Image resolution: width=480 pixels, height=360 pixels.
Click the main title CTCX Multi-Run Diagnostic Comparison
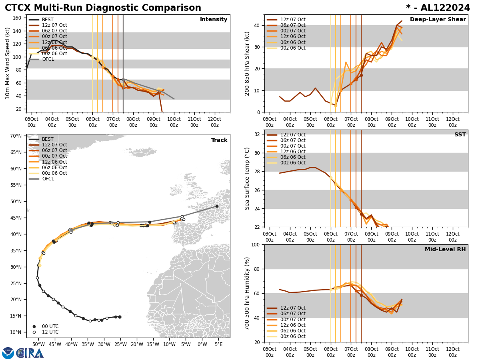[103, 8]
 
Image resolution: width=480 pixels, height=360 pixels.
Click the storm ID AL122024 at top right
[443, 8]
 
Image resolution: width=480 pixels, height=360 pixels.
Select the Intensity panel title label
[214, 20]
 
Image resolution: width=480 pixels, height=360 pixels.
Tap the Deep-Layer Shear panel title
[438, 20]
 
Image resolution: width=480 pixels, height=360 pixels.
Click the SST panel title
[460, 135]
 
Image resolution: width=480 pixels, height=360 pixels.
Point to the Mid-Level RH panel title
[445, 250]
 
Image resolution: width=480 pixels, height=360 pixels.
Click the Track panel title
[219, 140]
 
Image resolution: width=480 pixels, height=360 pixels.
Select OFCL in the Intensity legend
[48, 59]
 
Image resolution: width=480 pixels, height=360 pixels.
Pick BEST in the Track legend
[48, 139]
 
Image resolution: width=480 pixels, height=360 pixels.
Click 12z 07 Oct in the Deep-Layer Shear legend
[292, 20]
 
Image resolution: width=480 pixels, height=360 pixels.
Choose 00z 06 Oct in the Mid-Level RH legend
[292, 336]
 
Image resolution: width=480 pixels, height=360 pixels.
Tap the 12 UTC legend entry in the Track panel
[50, 332]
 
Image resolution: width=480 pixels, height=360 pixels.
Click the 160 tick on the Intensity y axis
[17, 18]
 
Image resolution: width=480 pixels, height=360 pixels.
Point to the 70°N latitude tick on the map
[15, 136]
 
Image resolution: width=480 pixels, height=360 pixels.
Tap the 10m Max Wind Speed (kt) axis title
[8, 63]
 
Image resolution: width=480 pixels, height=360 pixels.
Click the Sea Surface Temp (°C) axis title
[247, 178]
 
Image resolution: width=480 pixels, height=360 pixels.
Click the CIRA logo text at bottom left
[30, 353]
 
